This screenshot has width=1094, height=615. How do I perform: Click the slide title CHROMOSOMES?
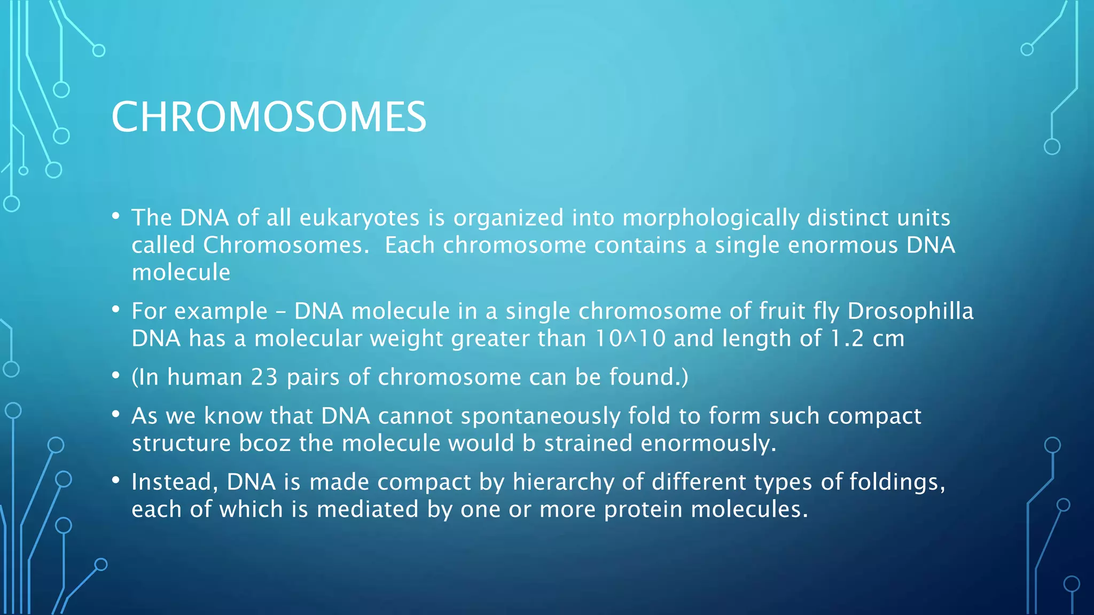click(269, 117)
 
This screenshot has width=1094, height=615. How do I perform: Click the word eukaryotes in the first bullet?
click(360, 218)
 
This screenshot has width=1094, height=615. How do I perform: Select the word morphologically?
click(710, 218)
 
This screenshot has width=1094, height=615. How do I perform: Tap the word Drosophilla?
click(910, 311)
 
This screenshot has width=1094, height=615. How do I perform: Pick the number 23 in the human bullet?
click(264, 377)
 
